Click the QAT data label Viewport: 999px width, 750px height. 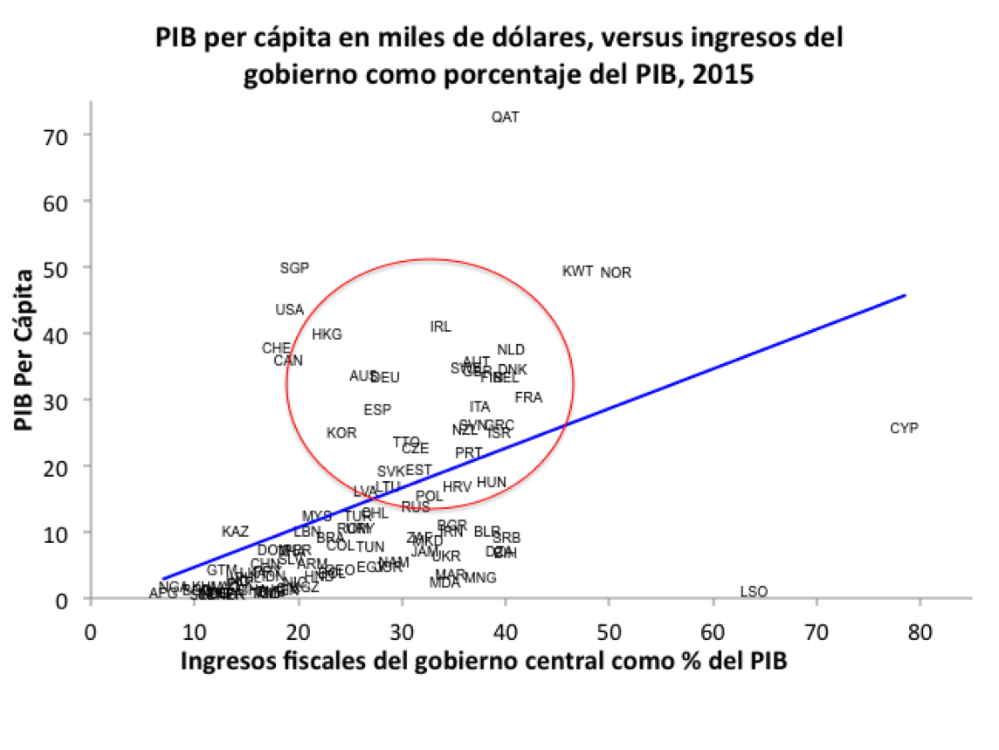click(506, 117)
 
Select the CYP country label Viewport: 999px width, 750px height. click(904, 429)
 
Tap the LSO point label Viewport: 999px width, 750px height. click(754, 592)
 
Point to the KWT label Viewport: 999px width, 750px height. click(578, 272)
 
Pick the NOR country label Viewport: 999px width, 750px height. click(616, 273)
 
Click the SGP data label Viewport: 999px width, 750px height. click(294, 268)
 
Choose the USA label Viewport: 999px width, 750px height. click(289, 310)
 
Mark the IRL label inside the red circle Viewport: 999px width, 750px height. click(441, 327)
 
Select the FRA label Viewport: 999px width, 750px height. click(528, 398)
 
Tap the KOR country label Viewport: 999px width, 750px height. click(341, 433)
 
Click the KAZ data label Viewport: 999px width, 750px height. click(235, 532)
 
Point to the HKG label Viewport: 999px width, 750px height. click(327, 334)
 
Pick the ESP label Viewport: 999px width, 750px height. click(377, 409)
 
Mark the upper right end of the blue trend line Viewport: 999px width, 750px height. click(905, 295)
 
